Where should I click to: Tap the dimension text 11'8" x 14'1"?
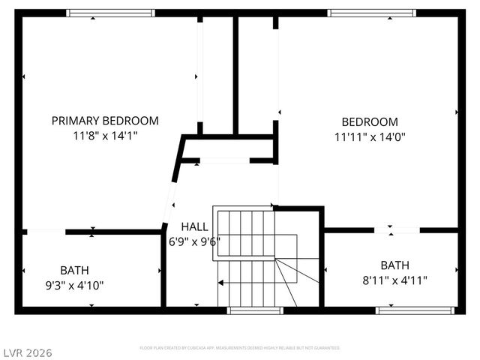point(105,136)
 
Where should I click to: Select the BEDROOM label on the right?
point(370,121)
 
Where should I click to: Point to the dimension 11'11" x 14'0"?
point(370,136)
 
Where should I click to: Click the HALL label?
point(194,226)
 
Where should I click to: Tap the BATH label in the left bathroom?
point(74,270)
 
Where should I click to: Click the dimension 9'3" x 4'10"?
point(74,285)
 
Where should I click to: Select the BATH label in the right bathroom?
point(395,265)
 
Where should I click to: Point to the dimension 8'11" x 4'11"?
point(395,280)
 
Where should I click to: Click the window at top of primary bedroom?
point(110,13)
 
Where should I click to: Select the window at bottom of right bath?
point(415,309)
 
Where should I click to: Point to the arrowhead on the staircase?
point(221,283)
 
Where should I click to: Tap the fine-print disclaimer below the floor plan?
point(240,348)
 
